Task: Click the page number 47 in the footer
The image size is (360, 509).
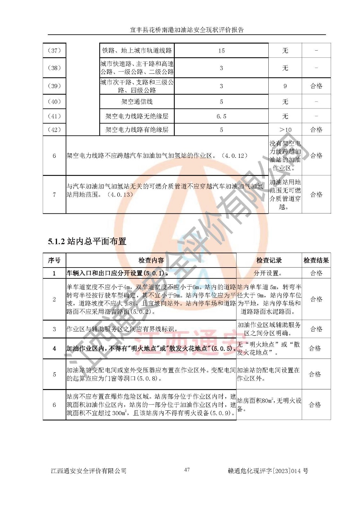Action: pyautogui.click(x=187, y=470)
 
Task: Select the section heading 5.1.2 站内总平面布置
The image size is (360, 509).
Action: pyautogui.click(x=87, y=241)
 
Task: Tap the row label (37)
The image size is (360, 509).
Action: pyautogui.click(x=54, y=50)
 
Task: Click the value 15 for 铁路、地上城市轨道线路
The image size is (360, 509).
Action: pyautogui.click(x=221, y=51)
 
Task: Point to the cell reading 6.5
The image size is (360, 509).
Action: pyautogui.click(x=221, y=116)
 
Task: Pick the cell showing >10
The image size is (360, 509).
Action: pyautogui.click(x=285, y=130)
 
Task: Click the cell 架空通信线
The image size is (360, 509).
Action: pyautogui.click(x=137, y=102)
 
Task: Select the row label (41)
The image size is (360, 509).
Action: pyautogui.click(x=54, y=116)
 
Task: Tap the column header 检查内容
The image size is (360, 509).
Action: pyautogui.click(x=151, y=260)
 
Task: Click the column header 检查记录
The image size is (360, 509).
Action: pyautogui.click(x=269, y=260)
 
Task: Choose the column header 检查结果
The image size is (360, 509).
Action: pyautogui.click(x=316, y=260)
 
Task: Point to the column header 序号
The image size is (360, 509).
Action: pyautogui.click(x=54, y=260)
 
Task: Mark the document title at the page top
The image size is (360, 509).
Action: pyautogui.click(x=187, y=30)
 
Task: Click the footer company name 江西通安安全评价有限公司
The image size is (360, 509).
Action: pyautogui.click(x=88, y=471)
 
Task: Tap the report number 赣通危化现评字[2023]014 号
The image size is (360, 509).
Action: pyautogui.click(x=268, y=471)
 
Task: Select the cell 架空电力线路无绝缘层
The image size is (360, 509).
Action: pyautogui.click(x=137, y=116)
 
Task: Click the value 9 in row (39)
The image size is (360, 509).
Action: pyautogui.click(x=285, y=86)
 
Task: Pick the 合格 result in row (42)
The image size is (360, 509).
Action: pyautogui.click(x=316, y=129)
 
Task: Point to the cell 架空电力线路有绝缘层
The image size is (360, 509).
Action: pyautogui.click(x=137, y=130)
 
